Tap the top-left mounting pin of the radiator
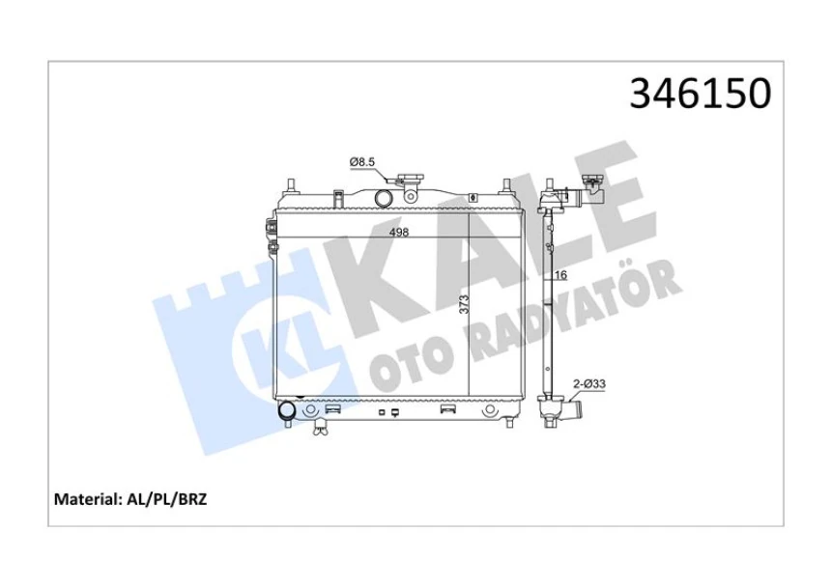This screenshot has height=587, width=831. click(290, 184)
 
